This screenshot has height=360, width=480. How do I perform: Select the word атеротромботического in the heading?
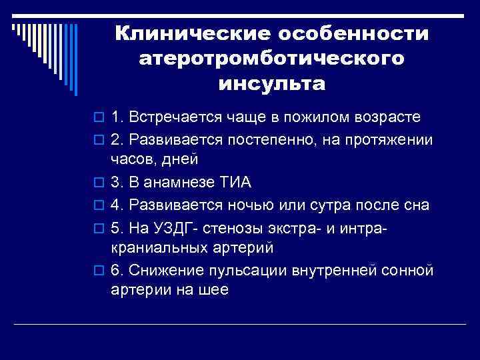pyautogui.click(x=272, y=59)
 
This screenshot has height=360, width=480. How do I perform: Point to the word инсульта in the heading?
pyautogui.click(x=272, y=85)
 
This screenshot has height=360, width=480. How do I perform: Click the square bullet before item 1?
pyautogui.click(x=99, y=118)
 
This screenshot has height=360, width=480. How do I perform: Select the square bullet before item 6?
pyautogui.click(x=99, y=271)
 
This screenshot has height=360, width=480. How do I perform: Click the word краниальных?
pyautogui.click(x=156, y=247)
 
